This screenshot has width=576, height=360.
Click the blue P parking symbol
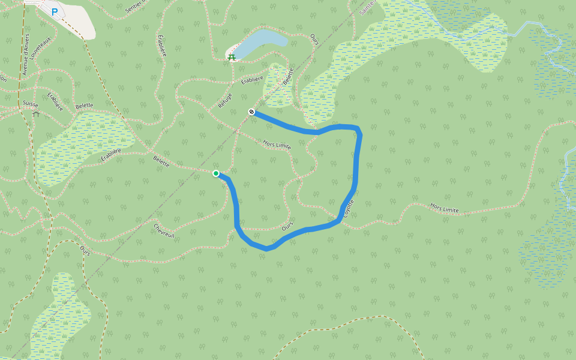(x=55, y=11)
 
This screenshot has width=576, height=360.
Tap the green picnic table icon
(x=232, y=57)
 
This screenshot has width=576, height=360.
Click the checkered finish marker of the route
(x=251, y=112)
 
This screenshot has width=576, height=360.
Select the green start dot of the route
(x=216, y=173)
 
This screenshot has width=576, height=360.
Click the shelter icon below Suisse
(x=36, y=113)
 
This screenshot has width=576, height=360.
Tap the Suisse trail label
(x=31, y=104)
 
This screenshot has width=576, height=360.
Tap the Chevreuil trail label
(x=164, y=231)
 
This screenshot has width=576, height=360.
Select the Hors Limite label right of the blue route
(x=444, y=208)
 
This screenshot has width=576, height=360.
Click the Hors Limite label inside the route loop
(x=277, y=145)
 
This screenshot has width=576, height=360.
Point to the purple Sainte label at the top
(x=366, y=7)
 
